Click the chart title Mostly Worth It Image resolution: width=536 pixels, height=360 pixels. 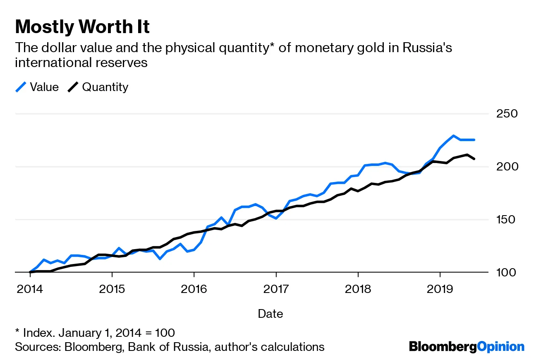point(82,27)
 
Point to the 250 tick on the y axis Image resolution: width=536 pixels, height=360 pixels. point(506,113)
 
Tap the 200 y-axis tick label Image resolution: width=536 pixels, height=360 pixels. point(506,166)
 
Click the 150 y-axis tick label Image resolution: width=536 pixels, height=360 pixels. point(506,219)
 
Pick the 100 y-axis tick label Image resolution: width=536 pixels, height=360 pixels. point(506,272)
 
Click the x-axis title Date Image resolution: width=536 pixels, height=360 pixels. point(270,314)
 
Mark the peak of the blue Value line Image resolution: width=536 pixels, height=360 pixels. point(453,136)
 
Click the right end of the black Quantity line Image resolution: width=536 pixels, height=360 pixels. point(474,158)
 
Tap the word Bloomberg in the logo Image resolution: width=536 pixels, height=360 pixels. point(443,346)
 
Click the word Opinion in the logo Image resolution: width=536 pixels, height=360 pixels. point(500,346)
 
